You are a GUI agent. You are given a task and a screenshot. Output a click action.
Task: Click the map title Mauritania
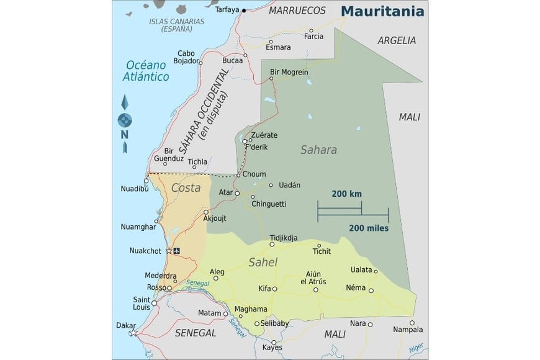click(x=382, y=11)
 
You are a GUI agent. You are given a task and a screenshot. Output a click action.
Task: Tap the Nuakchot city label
click(x=145, y=251)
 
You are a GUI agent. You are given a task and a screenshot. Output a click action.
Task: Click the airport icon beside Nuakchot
click(x=178, y=251)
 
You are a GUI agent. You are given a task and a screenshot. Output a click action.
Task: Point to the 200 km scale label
click(x=346, y=194)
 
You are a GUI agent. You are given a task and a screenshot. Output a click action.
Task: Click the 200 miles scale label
click(x=369, y=228)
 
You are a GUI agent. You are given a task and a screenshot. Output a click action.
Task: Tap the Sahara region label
click(x=318, y=150)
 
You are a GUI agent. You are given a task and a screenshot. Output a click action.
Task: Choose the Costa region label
click(x=186, y=187)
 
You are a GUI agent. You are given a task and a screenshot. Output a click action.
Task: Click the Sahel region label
click(x=263, y=263)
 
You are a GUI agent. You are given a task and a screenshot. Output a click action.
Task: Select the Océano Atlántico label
click(x=147, y=70)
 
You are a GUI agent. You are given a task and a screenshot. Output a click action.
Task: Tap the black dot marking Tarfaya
click(x=244, y=11)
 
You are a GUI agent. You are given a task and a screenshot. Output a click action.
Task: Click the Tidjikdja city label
click(x=284, y=238)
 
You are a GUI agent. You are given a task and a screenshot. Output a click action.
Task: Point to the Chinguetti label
click(x=268, y=203)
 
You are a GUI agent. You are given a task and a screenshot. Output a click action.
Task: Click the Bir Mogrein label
click(x=289, y=72)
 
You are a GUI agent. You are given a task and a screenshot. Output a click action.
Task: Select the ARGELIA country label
click(x=396, y=40)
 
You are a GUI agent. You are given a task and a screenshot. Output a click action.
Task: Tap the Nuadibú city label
click(x=136, y=190)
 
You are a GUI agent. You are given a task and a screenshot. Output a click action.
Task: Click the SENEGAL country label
click(x=196, y=333)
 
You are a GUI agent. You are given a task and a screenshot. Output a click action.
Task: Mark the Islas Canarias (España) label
click(x=176, y=25)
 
